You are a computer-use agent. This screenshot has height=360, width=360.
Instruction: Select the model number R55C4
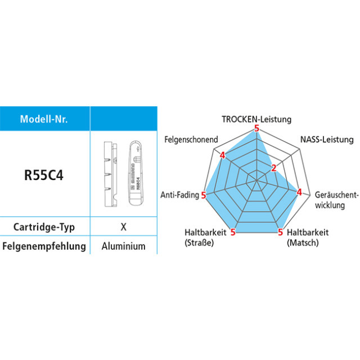(43, 174)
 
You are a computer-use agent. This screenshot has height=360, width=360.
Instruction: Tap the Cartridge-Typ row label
(43, 227)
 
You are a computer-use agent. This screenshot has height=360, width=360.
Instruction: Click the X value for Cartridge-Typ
(123, 227)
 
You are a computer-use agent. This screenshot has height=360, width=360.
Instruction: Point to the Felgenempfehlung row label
(44, 246)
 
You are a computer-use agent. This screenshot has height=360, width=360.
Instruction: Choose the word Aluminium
(124, 246)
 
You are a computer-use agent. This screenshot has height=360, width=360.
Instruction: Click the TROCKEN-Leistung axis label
(256, 119)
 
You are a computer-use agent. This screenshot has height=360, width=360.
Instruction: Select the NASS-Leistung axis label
(327, 139)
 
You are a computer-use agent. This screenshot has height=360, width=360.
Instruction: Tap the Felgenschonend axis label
(191, 139)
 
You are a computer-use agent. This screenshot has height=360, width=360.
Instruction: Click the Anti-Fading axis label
(179, 195)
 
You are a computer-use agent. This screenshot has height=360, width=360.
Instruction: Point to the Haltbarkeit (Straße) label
(206, 237)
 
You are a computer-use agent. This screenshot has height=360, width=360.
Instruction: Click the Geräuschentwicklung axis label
(336, 199)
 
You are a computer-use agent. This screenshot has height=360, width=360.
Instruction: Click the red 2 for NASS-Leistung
(274, 168)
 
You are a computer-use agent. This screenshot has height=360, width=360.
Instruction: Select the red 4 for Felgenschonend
(222, 155)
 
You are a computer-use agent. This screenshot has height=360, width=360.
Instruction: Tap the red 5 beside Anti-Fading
(204, 195)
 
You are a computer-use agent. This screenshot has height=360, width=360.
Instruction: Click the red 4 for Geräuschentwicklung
(299, 192)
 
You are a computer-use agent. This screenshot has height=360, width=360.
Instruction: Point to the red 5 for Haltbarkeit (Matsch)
(281, 231)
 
